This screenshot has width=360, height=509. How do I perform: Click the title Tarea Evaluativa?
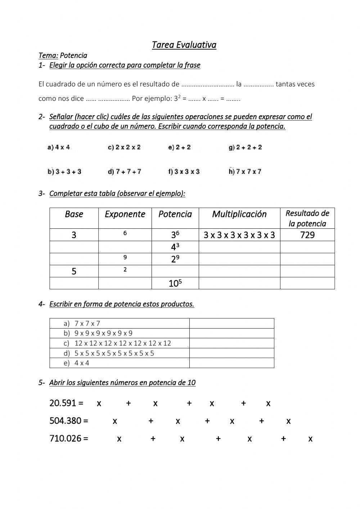point(184,45)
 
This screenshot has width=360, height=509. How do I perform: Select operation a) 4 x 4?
point(59,147)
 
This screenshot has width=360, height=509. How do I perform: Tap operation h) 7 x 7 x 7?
point(245,171)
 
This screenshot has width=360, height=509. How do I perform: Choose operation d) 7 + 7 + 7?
point(125,171)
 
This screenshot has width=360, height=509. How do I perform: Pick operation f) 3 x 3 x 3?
point(184,171)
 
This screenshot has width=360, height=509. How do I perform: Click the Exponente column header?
point(125,214)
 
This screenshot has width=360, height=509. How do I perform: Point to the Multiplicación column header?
point(239,214)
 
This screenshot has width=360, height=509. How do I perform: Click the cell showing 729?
point(307,235)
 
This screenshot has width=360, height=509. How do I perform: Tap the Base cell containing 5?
point(74,271)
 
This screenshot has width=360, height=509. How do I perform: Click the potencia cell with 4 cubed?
point(175,247)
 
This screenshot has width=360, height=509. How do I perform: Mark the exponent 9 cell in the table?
point(125,258)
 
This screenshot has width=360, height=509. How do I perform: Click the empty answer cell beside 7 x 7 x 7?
point(231,323)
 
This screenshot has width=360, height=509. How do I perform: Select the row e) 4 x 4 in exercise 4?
point(119,363)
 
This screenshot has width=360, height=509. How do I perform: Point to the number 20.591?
point(63,403)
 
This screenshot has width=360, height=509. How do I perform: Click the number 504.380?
point(66,421)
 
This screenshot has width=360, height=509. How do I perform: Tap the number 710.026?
point(65,438)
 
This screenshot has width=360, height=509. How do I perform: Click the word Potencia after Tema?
point(73,55)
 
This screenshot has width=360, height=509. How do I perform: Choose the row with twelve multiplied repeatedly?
point(119,343)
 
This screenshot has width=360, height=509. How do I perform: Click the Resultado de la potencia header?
point(307,218)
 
